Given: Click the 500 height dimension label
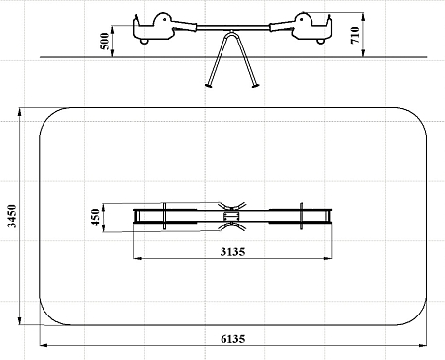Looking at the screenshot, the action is coord(105,42).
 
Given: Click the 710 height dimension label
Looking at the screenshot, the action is coord(355,35).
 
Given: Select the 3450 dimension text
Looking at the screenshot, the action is coord(12,216).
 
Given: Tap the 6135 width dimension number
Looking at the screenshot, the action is coord(233,339).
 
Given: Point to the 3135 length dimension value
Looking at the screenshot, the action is coord(233,252).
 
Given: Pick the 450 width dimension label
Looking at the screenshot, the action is coord(96,217).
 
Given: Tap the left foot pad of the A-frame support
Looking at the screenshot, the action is coord(209,86).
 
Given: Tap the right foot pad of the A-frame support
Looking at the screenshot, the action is coord(256,86).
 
